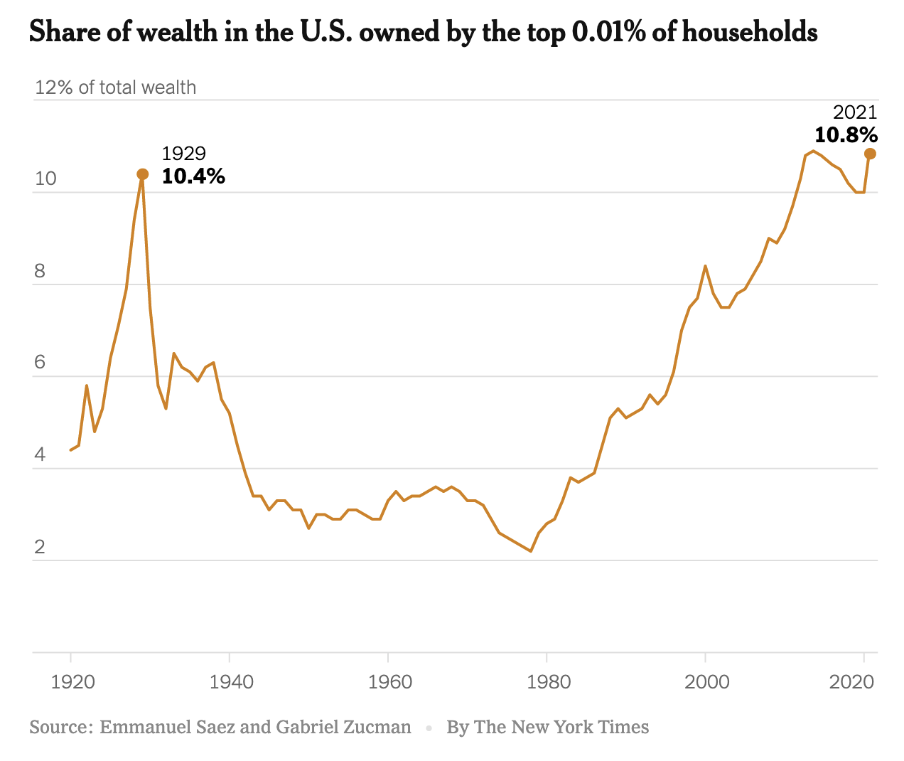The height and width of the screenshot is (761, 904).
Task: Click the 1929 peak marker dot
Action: click(142, 174)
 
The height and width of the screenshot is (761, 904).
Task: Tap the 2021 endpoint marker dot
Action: click(870, 154)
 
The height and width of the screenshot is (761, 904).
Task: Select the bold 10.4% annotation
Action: click(193, 176)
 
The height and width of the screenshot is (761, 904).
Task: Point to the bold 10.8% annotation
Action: click(846, 135)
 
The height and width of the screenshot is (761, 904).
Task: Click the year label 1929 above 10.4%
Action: click(183, 154)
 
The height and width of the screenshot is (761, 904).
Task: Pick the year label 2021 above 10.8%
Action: click(855, 112)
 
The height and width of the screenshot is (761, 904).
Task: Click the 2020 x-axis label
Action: click(851, 681)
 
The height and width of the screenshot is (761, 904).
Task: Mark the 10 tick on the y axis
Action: click(45, 179)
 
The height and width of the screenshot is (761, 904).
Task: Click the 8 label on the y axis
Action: click(40, 271)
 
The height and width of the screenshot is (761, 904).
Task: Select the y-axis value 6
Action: click(40, 363)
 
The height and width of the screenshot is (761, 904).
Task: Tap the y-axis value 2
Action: click(40, 547)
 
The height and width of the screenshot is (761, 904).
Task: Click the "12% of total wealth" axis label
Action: click(115, 87)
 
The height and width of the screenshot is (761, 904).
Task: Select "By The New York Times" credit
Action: click(547, 727)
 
